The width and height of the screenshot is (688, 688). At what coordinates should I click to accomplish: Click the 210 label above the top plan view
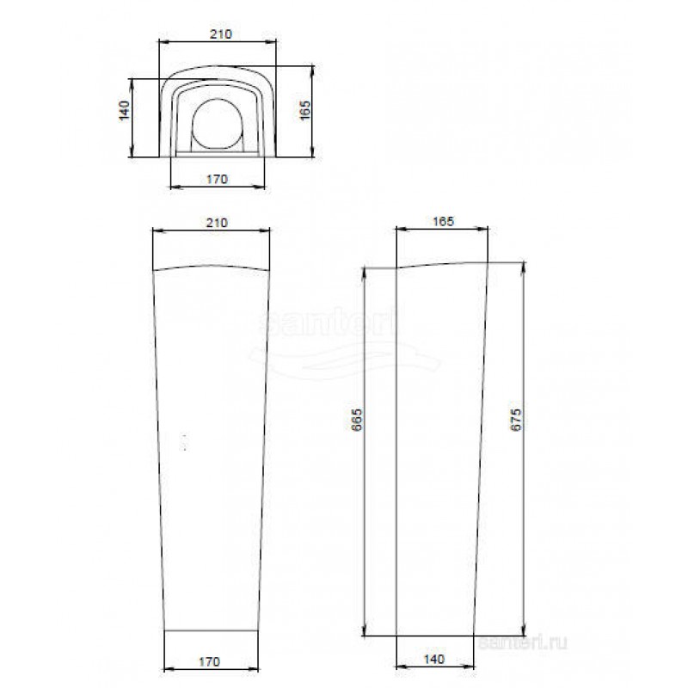[x=220, y=34]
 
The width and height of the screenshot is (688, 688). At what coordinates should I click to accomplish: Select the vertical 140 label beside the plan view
[x=125, y=110]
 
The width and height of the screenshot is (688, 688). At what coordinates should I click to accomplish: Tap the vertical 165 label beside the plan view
[x=304, y=110]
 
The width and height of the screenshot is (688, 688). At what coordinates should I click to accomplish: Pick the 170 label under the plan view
[x=218, y=179]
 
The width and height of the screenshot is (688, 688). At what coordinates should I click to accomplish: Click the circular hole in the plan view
[x=218, y=124]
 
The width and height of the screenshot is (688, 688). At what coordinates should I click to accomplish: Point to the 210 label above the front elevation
[x=218, y=223]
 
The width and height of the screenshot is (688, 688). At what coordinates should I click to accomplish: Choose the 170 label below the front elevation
[x=209, y=661]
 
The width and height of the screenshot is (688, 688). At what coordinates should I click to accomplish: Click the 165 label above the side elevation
[x=443, y=221]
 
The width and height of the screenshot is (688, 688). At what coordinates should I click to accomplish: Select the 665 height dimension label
[x=357, y=420]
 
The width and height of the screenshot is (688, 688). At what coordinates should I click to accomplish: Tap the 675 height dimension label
[x=516, y=420]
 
